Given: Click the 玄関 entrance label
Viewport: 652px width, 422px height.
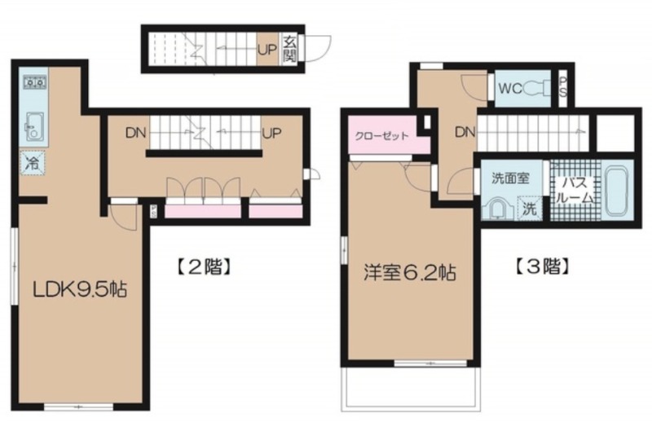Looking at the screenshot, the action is point(289,49).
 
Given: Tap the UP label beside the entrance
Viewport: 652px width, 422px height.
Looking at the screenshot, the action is point(267,50).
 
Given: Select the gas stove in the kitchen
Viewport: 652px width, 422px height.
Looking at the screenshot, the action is point(34,82).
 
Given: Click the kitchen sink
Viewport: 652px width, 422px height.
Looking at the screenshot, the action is point(34,126).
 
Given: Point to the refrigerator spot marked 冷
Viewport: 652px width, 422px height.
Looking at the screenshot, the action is point(33,162).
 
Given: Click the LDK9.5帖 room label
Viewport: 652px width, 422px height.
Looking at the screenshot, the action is point(80,289).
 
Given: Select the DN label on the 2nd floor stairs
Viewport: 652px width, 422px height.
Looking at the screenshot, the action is point(136,133).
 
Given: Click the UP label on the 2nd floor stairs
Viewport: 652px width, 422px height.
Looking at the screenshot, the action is point(271,133).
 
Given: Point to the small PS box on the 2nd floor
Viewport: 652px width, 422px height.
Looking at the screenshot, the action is point(153,212).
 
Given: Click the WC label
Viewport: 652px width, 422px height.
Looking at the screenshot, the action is point(510,89).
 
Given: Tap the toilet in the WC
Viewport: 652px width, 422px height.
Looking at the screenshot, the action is point(536,89).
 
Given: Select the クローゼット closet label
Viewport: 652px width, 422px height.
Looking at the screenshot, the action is point(381,135).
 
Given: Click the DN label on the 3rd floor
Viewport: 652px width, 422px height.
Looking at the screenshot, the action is point(465,132).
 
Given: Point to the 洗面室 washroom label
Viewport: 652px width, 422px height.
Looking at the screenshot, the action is point(510,178).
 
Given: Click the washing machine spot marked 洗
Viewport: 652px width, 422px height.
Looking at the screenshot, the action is point(529,208).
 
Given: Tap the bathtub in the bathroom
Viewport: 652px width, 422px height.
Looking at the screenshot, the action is point(619,191).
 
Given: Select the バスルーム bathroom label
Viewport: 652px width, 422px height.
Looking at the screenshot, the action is point(575,190).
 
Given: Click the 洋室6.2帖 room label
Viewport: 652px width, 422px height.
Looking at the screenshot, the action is point(410,273).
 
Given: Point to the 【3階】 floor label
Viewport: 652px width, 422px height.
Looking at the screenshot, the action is point(542,266).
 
